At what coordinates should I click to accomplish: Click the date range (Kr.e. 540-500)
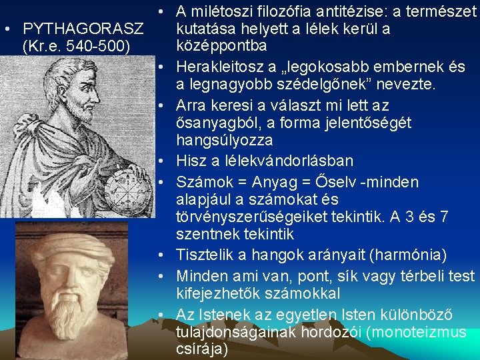click(x=76, y=47)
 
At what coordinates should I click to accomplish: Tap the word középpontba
click(x=221, y=46)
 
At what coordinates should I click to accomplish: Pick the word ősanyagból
click(x=217, y=123)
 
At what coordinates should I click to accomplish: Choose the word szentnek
click(x=203, y=234)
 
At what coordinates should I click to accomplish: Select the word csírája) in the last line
click(x=201, y=349)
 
